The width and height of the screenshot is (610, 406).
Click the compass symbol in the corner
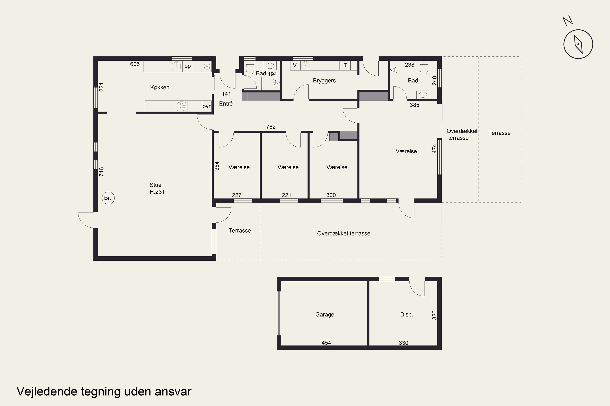tap(578, 44)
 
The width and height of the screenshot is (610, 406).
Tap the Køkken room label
tap(160, 87)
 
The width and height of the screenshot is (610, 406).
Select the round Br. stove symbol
tap(108, 198)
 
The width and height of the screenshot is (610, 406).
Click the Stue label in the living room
tap(155, 185)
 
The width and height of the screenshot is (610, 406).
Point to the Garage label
tap(325, 315)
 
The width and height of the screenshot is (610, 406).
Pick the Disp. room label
tap(406, 315)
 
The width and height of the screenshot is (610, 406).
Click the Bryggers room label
tap(324, 81)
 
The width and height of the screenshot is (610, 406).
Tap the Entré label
tap(226, 104)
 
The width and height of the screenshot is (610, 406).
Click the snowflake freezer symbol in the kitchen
tap(207, 66)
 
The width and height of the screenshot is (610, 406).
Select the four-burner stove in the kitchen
tap(182, 106)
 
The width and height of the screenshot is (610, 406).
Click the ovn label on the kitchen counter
tap(207, 106)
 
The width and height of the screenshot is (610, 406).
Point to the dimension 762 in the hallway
tap(271, 127)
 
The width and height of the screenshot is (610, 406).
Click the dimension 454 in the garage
tap(326, 343)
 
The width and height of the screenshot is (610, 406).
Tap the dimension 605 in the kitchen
tap(135, 64)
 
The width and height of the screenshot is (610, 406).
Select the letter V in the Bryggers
tap(295, 65)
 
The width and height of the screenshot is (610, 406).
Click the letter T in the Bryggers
tap(345, 65)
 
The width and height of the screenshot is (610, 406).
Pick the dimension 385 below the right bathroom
tap(414, 105)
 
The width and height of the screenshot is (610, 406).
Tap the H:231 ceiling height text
tap(157, 192)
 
